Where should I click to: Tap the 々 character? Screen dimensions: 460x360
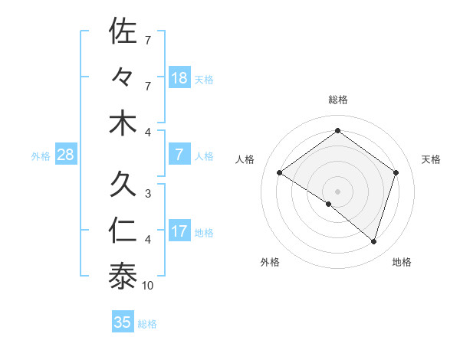pyautogui.click(x=123, y=77)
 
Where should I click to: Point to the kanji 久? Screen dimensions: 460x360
pyautogui.click(x=123, y=185)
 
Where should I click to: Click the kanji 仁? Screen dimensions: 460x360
pyautogui.click(x=123, y=231)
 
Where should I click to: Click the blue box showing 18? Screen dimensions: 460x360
pyautogui.click(x=179, y=78)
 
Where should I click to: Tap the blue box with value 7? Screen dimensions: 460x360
pyautogui.click(x=179, y=155)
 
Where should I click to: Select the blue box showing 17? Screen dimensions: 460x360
pyautogui.click(x=179, y=232)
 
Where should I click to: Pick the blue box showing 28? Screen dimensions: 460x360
pyautogui.click(x=65, y=155)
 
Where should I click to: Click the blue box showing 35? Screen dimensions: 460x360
pyautogui.click(x=123, y=322)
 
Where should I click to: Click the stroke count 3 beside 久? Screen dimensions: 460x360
pyautogui.click(x=147, y=195)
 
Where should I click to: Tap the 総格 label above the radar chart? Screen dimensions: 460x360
pyautogui.click(x=337, y=100)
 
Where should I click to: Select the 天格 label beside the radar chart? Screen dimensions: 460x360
pyautogui.click(x=432, y=159)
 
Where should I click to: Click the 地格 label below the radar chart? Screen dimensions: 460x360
pyautogui.click(x=402, y=262)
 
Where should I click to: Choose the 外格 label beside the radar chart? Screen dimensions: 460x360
pyautogui.click(x=270, y=262)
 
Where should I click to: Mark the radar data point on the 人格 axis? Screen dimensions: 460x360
pyautogui.click(x=280, y=173)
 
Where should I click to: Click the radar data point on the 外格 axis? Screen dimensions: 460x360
pyautogui.click(x=329, y=205)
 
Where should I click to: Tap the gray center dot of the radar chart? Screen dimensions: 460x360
pyautogui.click(x=337, y=191)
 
